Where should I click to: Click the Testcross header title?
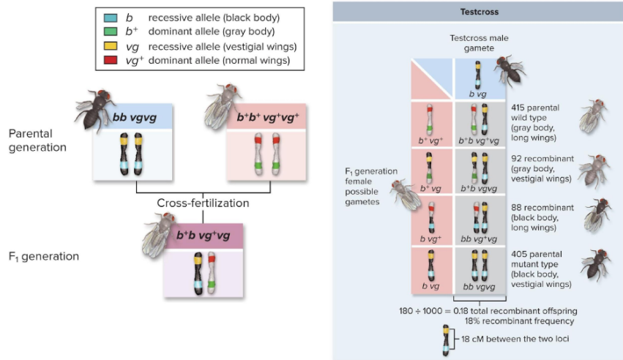tap(480, 12)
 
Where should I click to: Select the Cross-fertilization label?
tap(203, 203)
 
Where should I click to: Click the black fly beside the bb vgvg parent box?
tap(94, 107)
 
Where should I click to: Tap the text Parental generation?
tap(37, 140)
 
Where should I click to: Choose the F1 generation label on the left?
tap(44, 256)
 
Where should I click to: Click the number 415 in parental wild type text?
tap(520, 108)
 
